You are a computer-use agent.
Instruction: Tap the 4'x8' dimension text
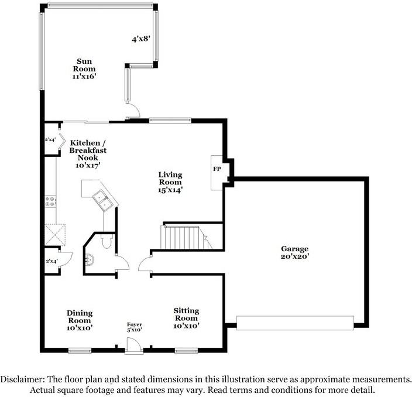click(x=141, y=39)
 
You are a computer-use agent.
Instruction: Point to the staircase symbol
click(x=184, y=237)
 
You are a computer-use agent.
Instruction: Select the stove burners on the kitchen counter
click(x=50, y=201)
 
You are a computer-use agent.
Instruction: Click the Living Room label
click(x=170, y=182)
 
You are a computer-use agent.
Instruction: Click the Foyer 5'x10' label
click(x=135, y=327)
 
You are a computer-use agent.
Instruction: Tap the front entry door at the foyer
click(x=134, y=348)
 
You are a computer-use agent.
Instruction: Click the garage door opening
click(x=295, y=323)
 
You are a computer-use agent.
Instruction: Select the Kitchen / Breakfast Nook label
click(x=88, y=154)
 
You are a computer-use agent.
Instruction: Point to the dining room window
click(x=80, y=351)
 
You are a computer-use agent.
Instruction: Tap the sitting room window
click(x=185, y=351)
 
